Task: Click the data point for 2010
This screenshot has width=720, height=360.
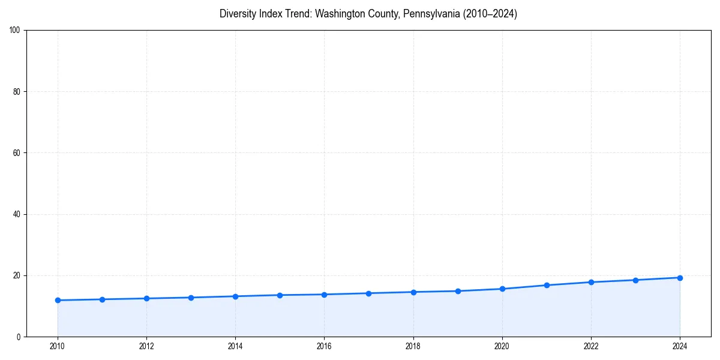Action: (58, 300)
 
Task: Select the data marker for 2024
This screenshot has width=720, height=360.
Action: (680, 278)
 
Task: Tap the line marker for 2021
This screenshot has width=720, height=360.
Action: (547, 285)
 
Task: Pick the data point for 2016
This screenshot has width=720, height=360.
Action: (324, 295)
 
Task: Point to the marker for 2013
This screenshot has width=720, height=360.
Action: (191, 298)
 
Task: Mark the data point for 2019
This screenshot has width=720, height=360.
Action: (458, 291)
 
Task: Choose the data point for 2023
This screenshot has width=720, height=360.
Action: (635, 280)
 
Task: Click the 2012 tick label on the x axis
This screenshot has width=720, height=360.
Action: (146, 346)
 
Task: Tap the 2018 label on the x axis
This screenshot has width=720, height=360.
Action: (413, 346)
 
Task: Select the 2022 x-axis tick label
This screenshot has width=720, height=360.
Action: (591, 346)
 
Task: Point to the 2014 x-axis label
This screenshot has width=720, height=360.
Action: (235, 346)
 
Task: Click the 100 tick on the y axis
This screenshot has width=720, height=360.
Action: (15, 30)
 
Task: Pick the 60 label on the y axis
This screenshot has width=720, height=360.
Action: (17, 153)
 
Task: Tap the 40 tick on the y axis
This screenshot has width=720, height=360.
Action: (17, 214)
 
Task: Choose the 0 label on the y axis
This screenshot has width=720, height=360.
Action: (19, 337)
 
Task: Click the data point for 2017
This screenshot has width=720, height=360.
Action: (368, 293)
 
